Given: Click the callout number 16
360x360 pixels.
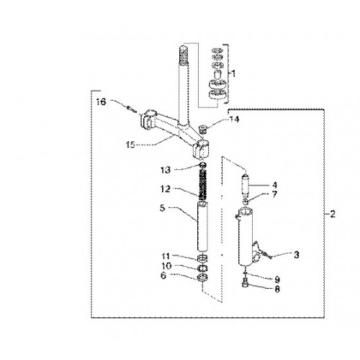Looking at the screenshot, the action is (x=101, y=102).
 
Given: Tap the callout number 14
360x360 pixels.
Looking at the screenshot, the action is (x=234, y=119).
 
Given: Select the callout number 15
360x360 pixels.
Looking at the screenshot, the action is (x=131, y=145).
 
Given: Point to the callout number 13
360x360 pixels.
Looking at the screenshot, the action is (x=166, y=170).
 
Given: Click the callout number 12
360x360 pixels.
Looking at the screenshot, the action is (x=166, y=189).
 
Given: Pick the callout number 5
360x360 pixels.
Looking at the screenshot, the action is (x=163, y=208).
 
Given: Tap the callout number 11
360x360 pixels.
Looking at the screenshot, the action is (x=166, y=256).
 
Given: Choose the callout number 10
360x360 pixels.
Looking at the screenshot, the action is (x=167, y=266).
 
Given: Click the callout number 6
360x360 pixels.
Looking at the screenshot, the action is (x=163, y=276).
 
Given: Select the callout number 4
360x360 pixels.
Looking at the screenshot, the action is (x=274, y=185).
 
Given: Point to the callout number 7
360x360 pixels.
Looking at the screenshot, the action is (x=274, y=194).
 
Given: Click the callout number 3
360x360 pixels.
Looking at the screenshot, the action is (x=297, y=255).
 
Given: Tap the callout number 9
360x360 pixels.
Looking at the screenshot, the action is (x=277, y=279).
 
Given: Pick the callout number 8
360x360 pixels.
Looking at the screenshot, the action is (x=277, y=289).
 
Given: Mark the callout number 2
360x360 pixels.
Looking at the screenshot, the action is (x=333, y=214).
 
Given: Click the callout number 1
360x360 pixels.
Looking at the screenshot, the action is (x=233, y=73).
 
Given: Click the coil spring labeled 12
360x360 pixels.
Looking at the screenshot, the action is (x=203, y=184).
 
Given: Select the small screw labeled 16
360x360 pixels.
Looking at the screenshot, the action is (x=131, y=109).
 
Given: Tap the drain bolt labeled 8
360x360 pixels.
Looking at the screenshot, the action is (x=245, y=282).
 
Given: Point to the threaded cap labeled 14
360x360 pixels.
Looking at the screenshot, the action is (x=203, y=130).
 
